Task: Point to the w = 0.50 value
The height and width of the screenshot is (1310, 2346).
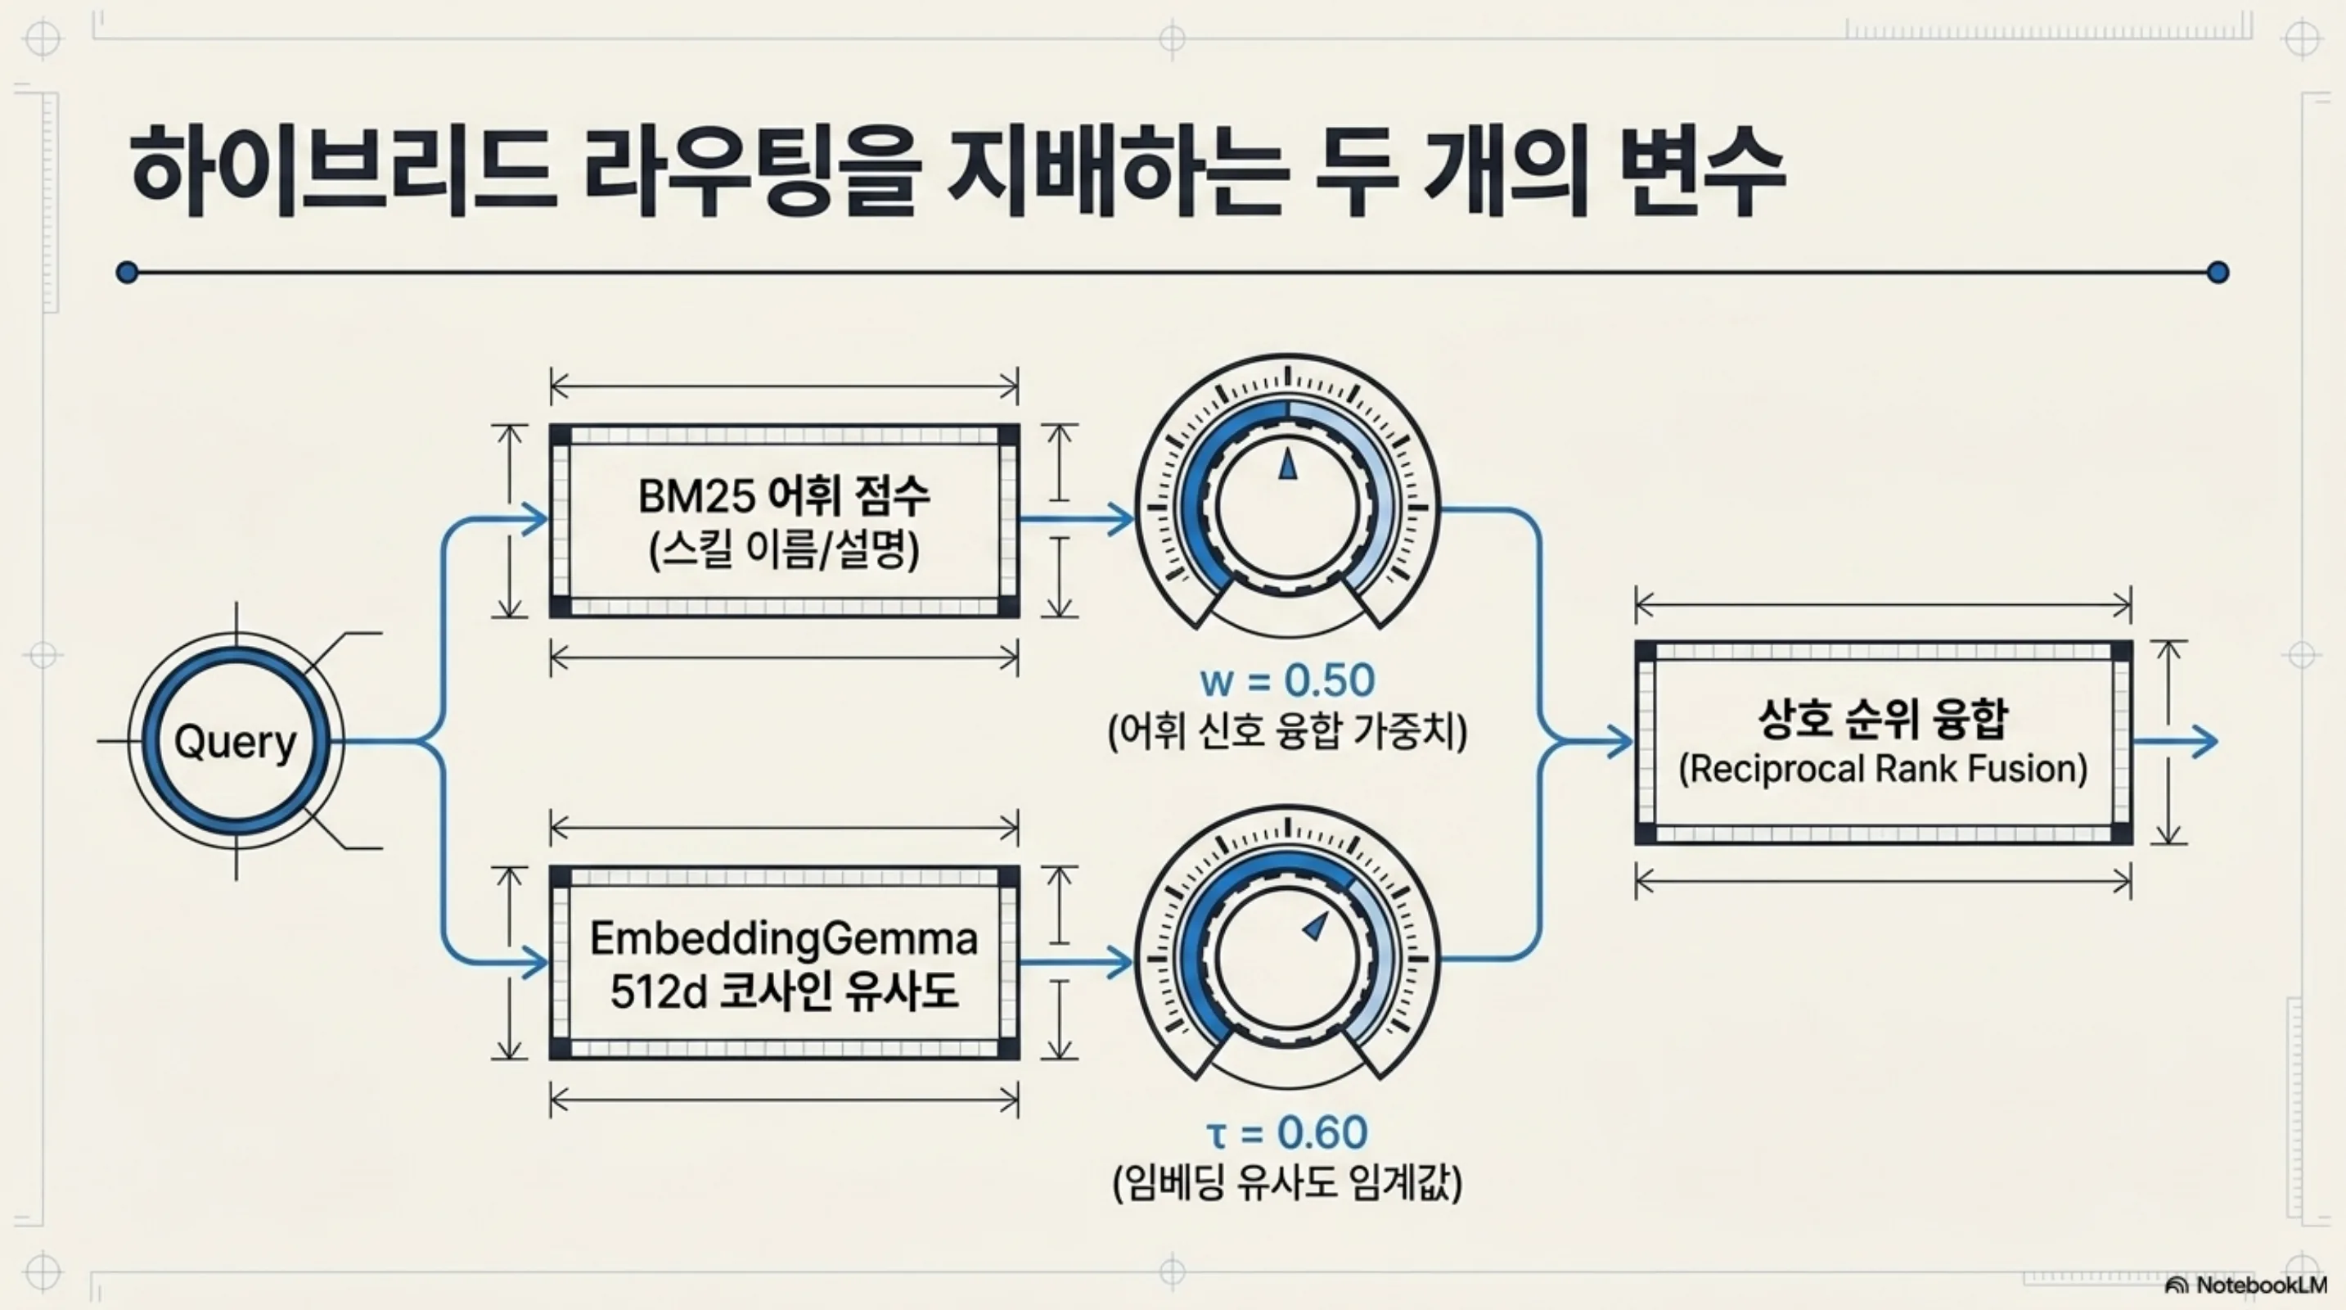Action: pos(1288,680)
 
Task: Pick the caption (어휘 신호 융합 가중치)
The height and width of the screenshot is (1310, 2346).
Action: pos(1288,731)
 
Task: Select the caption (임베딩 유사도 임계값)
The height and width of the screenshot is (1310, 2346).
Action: pos(1288,1183)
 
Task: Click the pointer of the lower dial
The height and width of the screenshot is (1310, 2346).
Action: pos(1315,927)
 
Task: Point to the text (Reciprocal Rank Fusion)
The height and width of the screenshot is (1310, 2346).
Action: pos(1884,768)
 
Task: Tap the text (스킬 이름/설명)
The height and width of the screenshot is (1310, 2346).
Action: pos(784,549)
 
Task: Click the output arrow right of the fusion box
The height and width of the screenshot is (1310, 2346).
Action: pos(2175,742)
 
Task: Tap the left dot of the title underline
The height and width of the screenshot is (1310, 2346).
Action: pos(128,272)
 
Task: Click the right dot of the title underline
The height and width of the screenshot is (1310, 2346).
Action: pos(2218,272)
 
